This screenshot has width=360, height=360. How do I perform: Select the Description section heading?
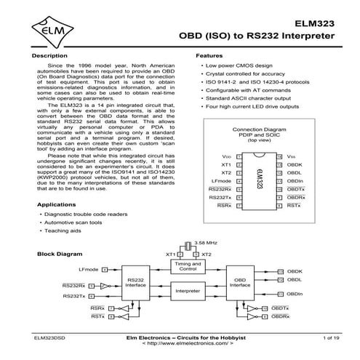pyautogui.click(x=51, y=55)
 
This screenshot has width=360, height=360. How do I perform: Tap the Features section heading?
pyautogui.click(x=209, y=55)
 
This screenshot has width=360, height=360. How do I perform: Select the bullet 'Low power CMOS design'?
pyautogui.click(x=236, y=65)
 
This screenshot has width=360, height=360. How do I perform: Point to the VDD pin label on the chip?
pyautogui.click(x=225, y=156)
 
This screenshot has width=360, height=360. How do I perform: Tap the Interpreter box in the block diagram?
pyautogui.click(x=188, y=291)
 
